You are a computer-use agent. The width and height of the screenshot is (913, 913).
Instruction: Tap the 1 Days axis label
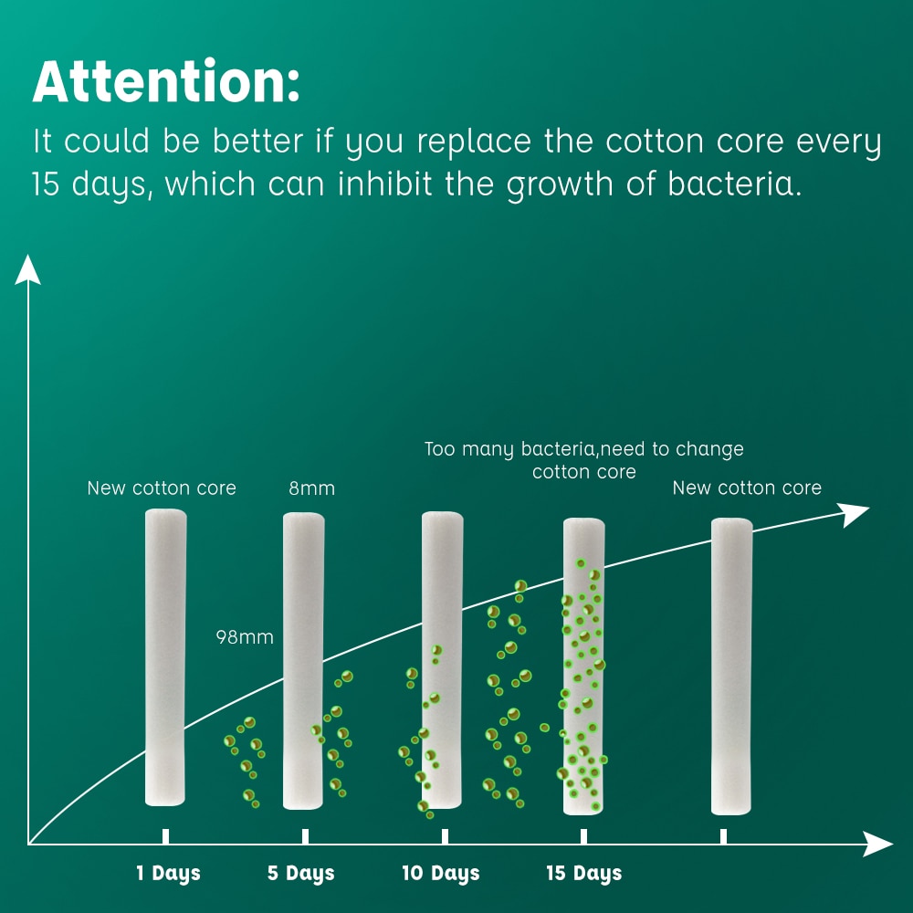pos(168,874)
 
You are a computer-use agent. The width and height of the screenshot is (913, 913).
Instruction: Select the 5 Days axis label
pos(301,874)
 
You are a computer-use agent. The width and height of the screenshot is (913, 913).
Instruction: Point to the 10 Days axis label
pos(441,874)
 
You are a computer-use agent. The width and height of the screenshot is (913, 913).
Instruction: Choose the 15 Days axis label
pos(584,874)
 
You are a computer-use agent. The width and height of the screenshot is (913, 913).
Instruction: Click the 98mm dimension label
pos(245,637)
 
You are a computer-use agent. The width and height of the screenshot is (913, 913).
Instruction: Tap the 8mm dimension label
pos(312,488)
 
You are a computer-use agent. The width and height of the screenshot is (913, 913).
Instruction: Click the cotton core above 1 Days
pos(165,657)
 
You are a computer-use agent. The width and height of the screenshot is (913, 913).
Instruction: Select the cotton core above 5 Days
pos(303,661)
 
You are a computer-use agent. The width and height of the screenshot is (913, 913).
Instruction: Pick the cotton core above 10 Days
pos(442,660)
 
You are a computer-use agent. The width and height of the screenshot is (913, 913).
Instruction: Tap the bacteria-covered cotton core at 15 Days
pos(583,666)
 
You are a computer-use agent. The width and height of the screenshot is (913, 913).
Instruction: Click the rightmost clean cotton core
pos(731,666)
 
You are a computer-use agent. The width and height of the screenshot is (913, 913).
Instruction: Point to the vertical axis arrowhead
pos(27,269)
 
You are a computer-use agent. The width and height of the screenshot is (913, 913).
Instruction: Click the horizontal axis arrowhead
pos(878,844)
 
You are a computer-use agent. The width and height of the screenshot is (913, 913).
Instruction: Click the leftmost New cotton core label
pos(162,488)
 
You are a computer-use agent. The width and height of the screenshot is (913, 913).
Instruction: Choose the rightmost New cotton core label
pos(747,488)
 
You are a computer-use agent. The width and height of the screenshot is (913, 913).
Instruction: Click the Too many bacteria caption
pos(584,460)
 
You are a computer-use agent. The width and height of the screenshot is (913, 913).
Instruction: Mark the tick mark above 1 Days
pos(166,836)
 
